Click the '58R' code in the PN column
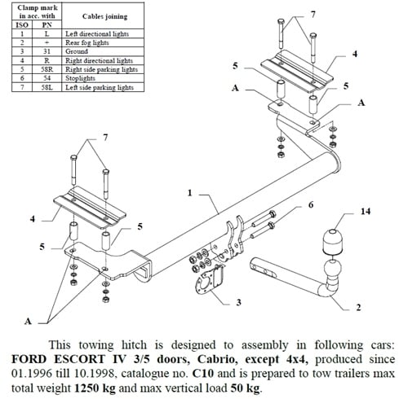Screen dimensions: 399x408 [47, 69]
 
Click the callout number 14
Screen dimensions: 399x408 [365, 212]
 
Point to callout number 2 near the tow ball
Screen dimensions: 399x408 [357, 308]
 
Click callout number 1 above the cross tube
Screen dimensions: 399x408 [188, 193]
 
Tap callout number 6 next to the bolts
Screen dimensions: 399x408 [310, 205]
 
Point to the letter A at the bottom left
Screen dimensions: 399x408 [28, 321]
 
